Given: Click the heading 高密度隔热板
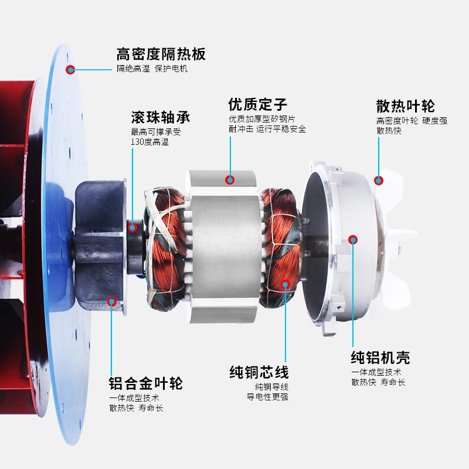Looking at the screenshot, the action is click(x=161, y=55).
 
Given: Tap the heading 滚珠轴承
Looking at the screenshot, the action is click(x=161, y=117).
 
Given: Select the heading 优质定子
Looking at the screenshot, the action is click(x=258, y=105).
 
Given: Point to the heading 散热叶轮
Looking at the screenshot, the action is click(x=406, y=106).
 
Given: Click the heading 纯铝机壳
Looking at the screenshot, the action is click(x=380, y=358).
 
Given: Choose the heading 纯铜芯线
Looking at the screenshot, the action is click(x=259, y=372).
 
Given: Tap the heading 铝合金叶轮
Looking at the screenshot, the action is click(x=146, y=384).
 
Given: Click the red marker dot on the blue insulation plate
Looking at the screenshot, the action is click(x=70, y=70).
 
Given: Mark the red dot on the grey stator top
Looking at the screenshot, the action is click(x=230, y=179).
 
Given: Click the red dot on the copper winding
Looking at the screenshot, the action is click(x=286, y=284).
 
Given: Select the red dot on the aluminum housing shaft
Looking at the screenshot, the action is click(x=353, y=239).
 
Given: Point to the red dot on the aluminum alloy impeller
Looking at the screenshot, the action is click(x=111, y=302).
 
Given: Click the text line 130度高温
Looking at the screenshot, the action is click(x=149, y=142).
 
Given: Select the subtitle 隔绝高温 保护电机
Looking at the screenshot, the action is click(x=152, y=69).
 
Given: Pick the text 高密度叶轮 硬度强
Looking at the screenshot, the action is click(x=412, y=121).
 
